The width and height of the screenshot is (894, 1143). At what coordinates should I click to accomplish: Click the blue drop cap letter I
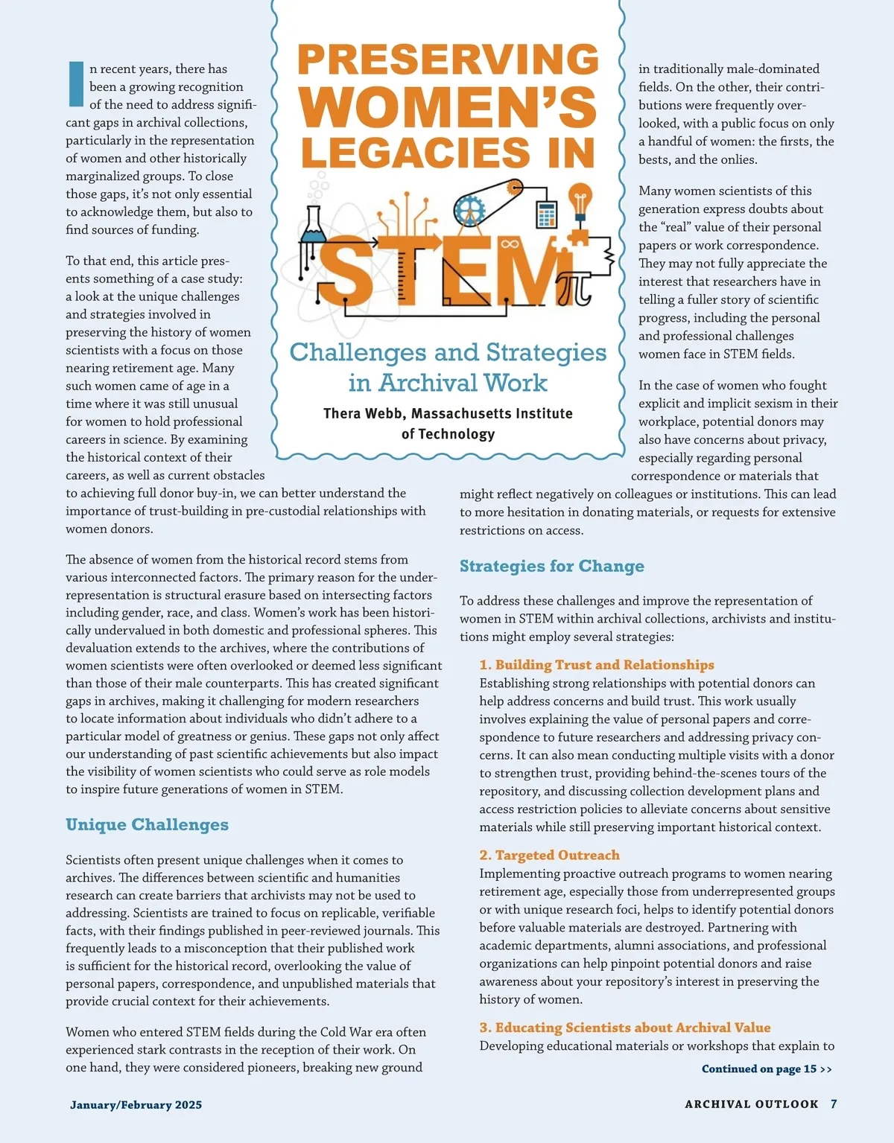point(76,84)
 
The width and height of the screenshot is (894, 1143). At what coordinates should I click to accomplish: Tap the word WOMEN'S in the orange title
point(448,108)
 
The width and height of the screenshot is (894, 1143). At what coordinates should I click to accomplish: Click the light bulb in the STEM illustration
point(580,199)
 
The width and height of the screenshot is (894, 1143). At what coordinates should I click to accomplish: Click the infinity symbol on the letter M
point(510,243)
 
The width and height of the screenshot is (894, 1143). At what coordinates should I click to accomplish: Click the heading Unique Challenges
point(147,824)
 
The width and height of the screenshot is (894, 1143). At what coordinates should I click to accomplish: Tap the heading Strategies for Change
point(551,566)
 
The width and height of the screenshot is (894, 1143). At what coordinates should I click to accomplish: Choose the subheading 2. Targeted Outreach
point(549,855)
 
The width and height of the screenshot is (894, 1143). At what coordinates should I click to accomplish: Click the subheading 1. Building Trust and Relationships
point(596,664)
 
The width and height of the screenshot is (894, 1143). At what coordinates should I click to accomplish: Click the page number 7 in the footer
point(834,1104)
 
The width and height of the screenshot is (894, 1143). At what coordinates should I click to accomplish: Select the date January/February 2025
point(136,1105)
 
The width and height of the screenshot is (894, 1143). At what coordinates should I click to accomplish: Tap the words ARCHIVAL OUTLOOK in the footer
point(751,1104)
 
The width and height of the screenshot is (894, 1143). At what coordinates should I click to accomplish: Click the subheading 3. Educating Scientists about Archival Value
point(624,1028)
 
